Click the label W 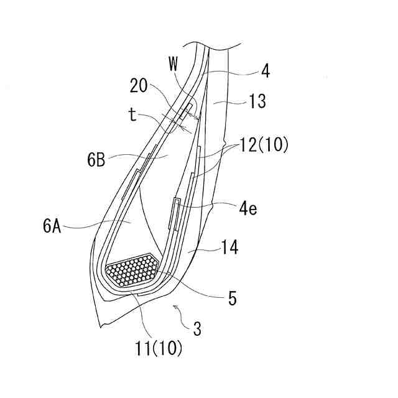point(174,63)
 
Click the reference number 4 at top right point(265,72)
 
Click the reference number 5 point(232,298)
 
